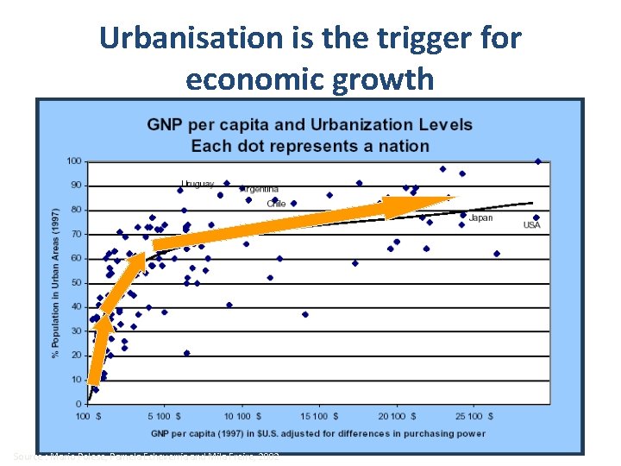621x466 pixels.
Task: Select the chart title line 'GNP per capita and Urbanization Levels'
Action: [310, 124]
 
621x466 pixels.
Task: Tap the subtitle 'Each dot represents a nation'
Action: [310, 145]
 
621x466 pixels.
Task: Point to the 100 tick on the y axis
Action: [74, 161]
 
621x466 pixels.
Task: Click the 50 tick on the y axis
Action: [76, 282]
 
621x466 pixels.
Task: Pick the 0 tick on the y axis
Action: [78, 403]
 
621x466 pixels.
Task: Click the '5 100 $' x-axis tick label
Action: [164, 416]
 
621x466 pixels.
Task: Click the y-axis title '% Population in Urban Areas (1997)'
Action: [56, 282]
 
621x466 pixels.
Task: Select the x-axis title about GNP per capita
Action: [319, 433]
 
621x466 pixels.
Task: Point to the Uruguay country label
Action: [198, 184]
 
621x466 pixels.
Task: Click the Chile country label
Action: [276, 205]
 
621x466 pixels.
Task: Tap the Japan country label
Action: [480, 218]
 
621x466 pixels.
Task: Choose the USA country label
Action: [532, 225]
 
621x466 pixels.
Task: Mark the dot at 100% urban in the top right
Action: [538, 161]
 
